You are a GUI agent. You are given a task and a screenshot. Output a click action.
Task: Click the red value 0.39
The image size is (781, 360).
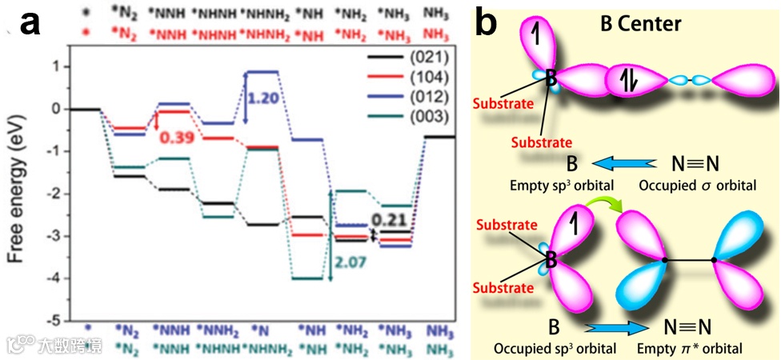[179, 138]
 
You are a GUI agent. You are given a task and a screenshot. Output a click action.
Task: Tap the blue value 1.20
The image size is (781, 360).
[264, 98]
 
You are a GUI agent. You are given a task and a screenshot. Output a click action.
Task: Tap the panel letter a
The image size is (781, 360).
[30, 24]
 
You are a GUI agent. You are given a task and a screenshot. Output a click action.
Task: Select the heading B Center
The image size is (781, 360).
[641, 24]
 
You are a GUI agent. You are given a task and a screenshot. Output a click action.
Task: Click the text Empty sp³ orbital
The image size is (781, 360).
[571, 183]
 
